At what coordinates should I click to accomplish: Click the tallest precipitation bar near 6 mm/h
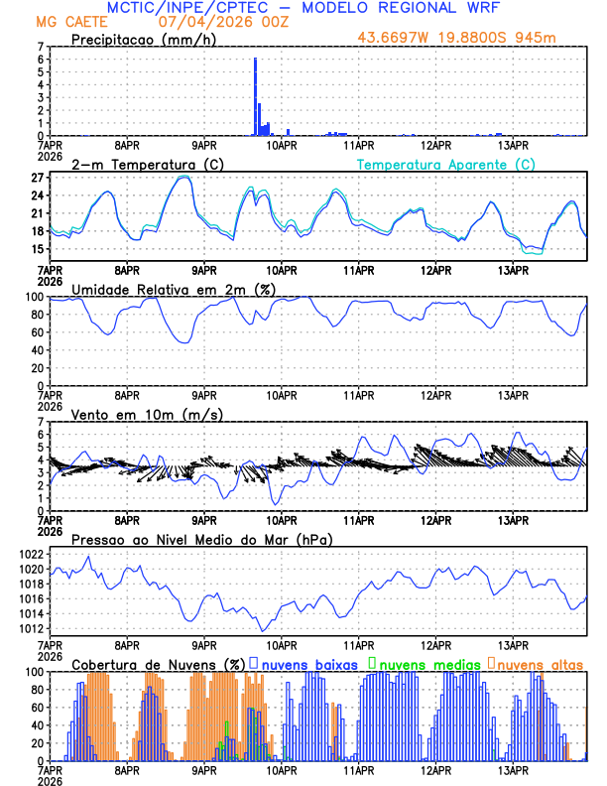coord(255,96)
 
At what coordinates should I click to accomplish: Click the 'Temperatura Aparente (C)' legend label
coord(445,164)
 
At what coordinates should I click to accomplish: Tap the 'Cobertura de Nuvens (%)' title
coord(158,663)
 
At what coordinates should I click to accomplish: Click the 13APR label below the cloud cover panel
coord(512,770)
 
